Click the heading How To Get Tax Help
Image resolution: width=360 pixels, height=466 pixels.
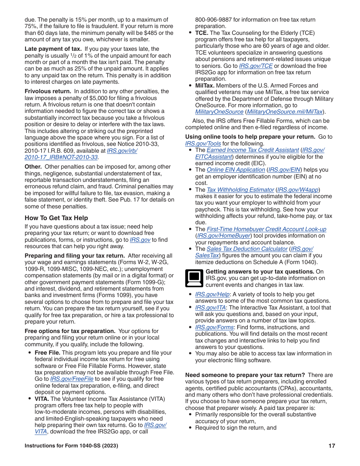tap(56, 218)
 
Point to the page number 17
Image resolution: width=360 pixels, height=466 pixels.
tap(332, 446)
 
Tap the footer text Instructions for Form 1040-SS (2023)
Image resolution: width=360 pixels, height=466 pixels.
tap(71, 446)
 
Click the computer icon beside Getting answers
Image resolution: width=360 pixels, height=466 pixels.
tap(194, 278)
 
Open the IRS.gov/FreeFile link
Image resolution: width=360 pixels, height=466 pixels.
tap(72, 379)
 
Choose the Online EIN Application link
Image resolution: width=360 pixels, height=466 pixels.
tap(235, 170)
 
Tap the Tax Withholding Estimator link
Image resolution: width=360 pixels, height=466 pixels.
tap(240, 190)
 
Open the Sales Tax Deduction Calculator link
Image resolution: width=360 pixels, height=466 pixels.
tap(247, 249)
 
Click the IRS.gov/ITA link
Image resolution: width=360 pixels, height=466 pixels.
tap(210, 308)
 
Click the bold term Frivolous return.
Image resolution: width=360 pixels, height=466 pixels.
tap(48, 91)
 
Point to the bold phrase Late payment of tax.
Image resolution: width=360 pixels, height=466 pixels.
tap(53, 49)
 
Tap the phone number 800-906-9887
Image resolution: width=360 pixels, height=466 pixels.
tap(213, 20)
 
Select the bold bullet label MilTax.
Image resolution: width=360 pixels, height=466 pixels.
tap(205, 86)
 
